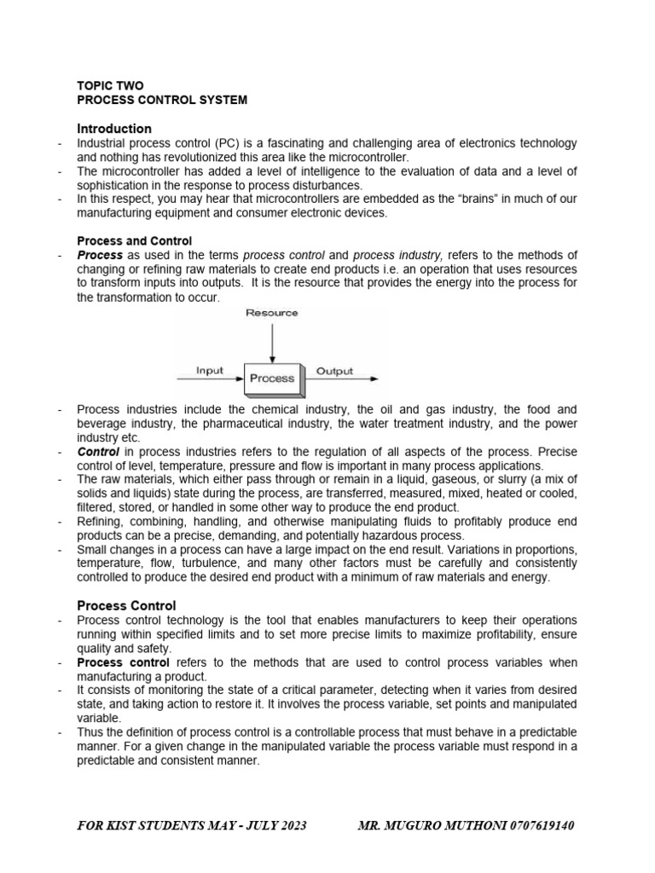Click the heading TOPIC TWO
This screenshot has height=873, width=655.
110,85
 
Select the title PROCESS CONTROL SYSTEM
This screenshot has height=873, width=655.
162,100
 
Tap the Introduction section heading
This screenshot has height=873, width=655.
114,129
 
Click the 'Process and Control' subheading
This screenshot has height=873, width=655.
135,241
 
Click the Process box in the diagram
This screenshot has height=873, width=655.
272,379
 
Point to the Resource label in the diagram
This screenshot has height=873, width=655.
272,313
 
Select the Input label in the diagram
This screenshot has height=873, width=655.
210,370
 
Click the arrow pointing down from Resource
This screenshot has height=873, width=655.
272,340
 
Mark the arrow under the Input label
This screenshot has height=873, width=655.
210,379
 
